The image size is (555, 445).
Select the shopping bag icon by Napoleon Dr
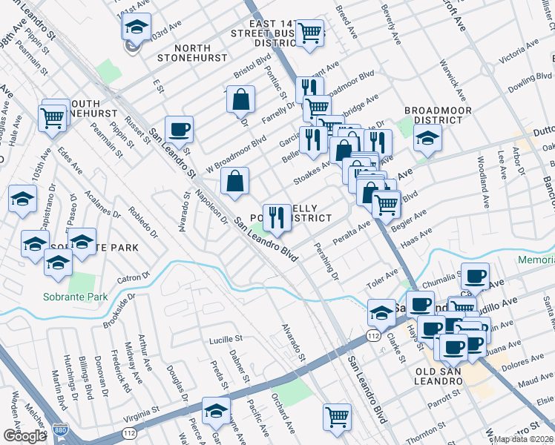234,181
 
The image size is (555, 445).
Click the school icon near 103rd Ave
136,27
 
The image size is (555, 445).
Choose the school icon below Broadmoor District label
427,138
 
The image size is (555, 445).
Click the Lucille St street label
226,338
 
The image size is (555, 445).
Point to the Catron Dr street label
134,280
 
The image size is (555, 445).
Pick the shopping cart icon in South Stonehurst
53,116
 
